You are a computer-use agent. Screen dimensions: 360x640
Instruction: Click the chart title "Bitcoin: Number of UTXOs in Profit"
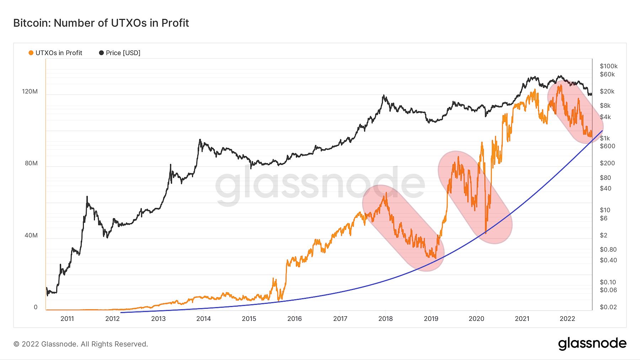[101, 23]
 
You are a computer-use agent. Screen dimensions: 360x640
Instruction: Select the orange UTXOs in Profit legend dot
[31, 53]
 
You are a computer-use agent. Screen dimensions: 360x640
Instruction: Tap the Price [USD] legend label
[123, 53]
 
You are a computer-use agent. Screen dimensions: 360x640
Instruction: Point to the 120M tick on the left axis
[30, 91]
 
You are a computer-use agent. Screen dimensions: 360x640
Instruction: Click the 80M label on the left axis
[31, 163]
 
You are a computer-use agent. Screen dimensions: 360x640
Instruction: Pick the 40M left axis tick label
[31, 235]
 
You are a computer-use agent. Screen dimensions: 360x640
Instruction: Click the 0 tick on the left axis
[36, 307]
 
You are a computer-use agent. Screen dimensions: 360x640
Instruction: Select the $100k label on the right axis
[608, 66]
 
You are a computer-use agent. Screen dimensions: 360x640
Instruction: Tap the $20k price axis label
[607, 91]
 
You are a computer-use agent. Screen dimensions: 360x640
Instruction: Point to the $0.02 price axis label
[608, 307]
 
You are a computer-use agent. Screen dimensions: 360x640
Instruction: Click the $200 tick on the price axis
[607, 163]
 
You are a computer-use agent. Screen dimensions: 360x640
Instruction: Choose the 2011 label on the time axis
[67, 319]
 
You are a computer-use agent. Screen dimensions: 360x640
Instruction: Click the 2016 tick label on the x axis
[294, 319]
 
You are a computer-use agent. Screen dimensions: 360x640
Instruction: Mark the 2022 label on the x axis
[567, 319]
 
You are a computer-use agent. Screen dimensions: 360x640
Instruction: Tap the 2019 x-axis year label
[431, 319]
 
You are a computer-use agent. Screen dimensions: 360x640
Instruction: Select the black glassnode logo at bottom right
[592, 344]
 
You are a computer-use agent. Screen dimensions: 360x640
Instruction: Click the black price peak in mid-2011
[87, 197]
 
